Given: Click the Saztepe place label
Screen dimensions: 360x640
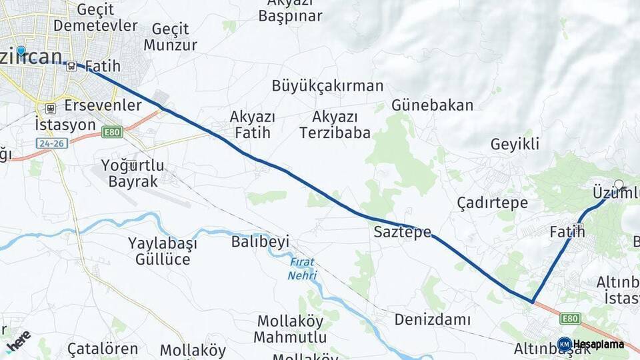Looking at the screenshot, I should [x=402, y=233].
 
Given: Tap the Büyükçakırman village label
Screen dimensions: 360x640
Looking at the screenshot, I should [x=327, y=85].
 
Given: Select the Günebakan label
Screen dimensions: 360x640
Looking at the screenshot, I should [x=432, y=105].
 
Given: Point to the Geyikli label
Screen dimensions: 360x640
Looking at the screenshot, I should [x=515, y=144].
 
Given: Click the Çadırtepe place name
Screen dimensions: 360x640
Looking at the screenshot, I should [x=493, y=203].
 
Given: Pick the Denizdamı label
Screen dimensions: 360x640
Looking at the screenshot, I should [x=432, y=319].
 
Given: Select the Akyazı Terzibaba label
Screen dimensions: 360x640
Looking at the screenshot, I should [x=335, y=125].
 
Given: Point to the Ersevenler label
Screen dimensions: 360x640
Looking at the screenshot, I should [x=103, y=105].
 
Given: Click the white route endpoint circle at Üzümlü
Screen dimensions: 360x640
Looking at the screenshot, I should [x=619, y=185].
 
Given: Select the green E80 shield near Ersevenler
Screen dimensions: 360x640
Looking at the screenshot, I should [x=112, y=133].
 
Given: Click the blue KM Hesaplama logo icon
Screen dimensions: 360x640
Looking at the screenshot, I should [x=564, y=344].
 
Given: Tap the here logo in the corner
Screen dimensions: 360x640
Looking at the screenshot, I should [x=18, y=339].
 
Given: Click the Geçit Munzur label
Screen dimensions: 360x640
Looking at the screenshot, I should [x=170, y=37].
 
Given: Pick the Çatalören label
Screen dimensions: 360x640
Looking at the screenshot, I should [x=103, y=349].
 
